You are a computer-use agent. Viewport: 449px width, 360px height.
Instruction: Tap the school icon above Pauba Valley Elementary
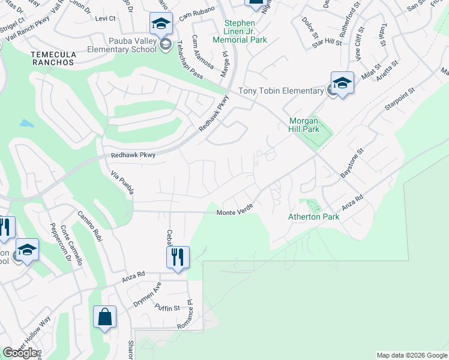click(x=161, y=24)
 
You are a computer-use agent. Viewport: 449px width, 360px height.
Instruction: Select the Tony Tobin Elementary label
click(x=281, y=91)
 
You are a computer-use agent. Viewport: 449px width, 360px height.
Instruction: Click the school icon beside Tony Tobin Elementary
click(x=342, y=83)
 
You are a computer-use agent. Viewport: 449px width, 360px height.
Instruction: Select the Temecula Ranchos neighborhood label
click(x=53, y=58)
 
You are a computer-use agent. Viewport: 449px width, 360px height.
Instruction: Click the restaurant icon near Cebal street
click(x=178, y=257)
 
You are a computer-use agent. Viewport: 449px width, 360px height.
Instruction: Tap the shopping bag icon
click(x=104, y=317)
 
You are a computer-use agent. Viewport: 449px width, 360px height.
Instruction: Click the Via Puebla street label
click(x=122, y=182)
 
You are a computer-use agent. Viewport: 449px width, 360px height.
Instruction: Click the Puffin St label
click(x=167, y=308)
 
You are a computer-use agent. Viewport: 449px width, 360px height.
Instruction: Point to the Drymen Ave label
click(x=148, y=295)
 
